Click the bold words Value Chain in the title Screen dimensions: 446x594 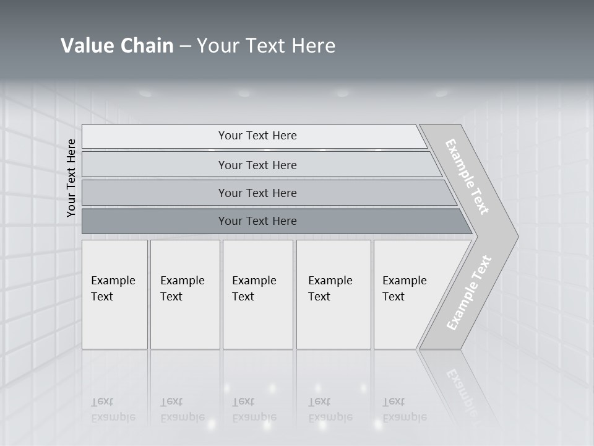[117, 46]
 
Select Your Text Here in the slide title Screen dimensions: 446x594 [266, 46]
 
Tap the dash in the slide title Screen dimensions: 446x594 [185, 46]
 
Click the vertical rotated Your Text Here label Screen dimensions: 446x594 [71, 178]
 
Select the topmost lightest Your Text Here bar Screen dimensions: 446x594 [257, 136]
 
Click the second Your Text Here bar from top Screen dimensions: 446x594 [257, 165]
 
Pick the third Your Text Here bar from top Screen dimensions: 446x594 [257, 193]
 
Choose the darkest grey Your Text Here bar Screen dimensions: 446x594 [257, 221]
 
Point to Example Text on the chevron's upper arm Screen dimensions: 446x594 [467, 177]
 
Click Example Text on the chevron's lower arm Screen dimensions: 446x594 [469, 292]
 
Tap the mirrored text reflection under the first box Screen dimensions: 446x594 [113, 409]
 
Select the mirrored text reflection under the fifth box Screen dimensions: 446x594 [405, 409]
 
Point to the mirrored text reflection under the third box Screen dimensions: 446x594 [254, 409]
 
